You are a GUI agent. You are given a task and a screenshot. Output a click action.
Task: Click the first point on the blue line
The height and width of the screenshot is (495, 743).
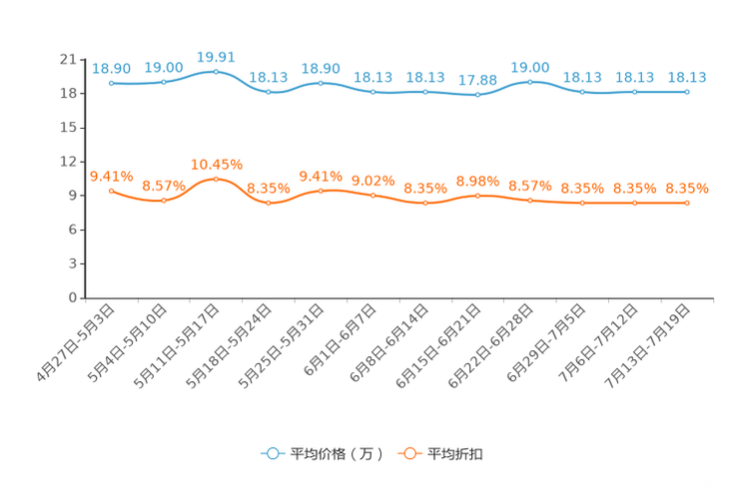pyautogui.click(x=111, y=83)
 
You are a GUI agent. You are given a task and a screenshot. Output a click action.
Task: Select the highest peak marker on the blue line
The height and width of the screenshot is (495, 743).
pyautogui.click(x=216, y=72)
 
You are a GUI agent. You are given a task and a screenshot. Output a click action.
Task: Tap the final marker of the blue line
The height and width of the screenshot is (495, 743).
pyautogui.click(x=687, y=92)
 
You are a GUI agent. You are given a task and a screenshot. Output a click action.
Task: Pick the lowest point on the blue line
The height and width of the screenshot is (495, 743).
pyautogui.click(x=478, y=95)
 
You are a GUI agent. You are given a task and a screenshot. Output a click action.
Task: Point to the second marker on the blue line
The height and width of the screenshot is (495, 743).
pyautogui.click(x=164, y=82)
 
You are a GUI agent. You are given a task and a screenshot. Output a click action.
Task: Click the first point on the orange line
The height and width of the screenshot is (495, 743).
pyautogui.click(x=111, y=190)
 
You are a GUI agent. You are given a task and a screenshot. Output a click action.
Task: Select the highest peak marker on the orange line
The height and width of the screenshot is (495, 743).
pyautogui.click(x=216, y=179)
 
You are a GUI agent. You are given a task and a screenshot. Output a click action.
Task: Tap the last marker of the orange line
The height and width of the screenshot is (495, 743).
pyautogui.click(x=687, y=203)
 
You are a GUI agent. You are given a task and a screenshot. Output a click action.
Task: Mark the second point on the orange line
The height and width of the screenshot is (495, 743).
pyautogui.click(x=164, y=201)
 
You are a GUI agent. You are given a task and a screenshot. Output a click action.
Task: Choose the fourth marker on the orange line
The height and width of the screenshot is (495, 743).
pyautogui.click(x=269, y=203)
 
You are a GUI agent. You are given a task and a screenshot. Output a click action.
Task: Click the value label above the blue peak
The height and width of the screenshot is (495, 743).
pyautogui.click(x=216, y=56)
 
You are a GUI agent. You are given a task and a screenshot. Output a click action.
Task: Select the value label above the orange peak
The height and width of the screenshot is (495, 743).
pyautogui.click(x=216, y=164)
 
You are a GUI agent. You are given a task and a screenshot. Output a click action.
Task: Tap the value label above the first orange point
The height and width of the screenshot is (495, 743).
pyautogui.click(x=111, y=176)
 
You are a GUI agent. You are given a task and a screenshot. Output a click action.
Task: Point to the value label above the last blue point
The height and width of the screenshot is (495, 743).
pyautogui.click(x=687, y=77)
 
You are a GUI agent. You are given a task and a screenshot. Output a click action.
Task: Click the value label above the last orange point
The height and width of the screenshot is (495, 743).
pyautogui.click(x=687, y=188)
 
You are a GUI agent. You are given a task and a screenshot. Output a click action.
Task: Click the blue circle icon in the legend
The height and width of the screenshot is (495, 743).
pyautogui.click(x=272, y=453)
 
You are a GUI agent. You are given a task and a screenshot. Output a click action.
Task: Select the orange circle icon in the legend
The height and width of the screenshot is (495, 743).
pyautogui.click(x=409, y=453)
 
